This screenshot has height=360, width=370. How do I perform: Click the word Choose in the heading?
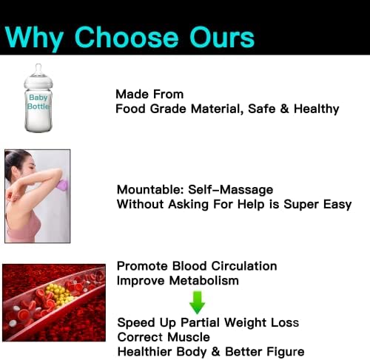126,37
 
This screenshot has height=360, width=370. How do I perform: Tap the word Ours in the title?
222,37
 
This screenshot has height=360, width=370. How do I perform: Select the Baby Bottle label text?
38,102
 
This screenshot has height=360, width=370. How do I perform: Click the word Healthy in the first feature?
317,109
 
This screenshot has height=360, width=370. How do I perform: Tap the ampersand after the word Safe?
284,109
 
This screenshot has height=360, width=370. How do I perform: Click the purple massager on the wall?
61,186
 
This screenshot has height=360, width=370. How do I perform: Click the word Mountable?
150,190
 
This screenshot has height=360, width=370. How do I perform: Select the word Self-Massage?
231,190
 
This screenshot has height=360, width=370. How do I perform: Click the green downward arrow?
197,302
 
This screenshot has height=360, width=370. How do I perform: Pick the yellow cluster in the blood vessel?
60,294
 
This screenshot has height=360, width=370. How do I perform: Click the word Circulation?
244,266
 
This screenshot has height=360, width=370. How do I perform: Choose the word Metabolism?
204,281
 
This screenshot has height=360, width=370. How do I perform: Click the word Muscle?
189,337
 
